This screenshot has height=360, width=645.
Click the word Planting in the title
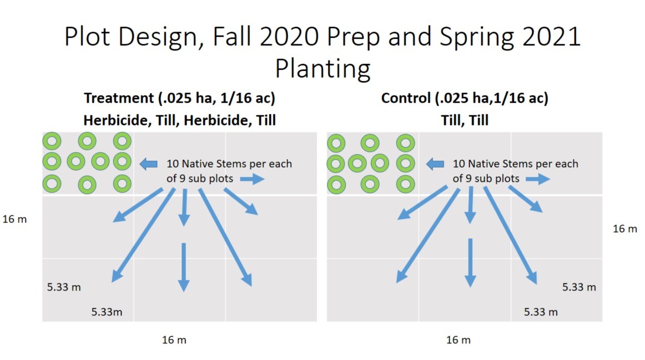[x=323, y=69]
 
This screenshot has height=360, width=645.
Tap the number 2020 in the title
[x=289, y=36]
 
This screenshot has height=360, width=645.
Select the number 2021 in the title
[x=551, y=36]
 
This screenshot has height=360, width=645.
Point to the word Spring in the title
[x=476, y=38]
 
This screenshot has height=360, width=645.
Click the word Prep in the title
[x=353, y=38]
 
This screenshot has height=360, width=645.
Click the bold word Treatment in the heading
[x=119, y=98]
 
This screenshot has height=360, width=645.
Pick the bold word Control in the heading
[x=406, y=98]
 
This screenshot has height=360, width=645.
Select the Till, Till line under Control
[x=465, y=120]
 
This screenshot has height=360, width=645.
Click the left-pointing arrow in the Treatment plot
[x=149, y=164]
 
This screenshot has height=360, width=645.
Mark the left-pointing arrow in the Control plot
[x=435, y=164]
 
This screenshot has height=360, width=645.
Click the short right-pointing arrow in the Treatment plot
[x=253, y=179]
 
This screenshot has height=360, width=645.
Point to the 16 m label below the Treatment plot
[x=174, y=340]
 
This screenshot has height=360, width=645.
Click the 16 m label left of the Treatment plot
[x=14, y=219]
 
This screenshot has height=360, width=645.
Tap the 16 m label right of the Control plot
[x=625, y=229]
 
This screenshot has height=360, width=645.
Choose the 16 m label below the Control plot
[x=458, y=340]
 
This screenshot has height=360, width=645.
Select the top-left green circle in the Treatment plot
[x=52, y=141]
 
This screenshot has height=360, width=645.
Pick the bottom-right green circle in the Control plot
[x=406, y=185]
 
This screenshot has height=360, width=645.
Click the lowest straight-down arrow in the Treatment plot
[x=184, y=267]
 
